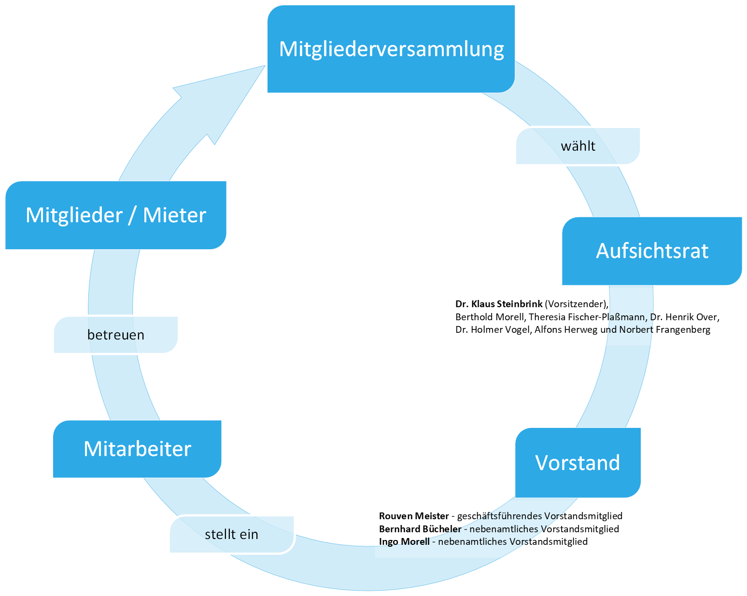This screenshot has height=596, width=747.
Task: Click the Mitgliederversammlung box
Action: click(391, 49)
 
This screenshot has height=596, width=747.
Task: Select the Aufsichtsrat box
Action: click(652, 251)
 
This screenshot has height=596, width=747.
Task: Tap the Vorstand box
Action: click(578, 462)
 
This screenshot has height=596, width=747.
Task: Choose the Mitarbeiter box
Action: click(137, 449)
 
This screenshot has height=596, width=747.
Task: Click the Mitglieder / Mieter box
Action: click(115, 215)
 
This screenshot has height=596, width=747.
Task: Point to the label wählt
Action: click(578, 146)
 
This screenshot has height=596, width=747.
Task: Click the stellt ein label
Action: click(231, 534)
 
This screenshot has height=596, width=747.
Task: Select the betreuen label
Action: click(115, 335)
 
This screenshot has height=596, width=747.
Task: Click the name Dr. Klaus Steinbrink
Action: click(498, 304)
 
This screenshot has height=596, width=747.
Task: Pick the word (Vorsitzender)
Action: click(576, 304)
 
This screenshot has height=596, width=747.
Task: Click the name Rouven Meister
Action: click(413, 516)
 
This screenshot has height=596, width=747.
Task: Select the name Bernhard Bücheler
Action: click(420, 529)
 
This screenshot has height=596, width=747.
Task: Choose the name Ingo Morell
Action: click(404, 541)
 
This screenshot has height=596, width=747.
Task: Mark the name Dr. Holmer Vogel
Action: click(492, 329)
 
